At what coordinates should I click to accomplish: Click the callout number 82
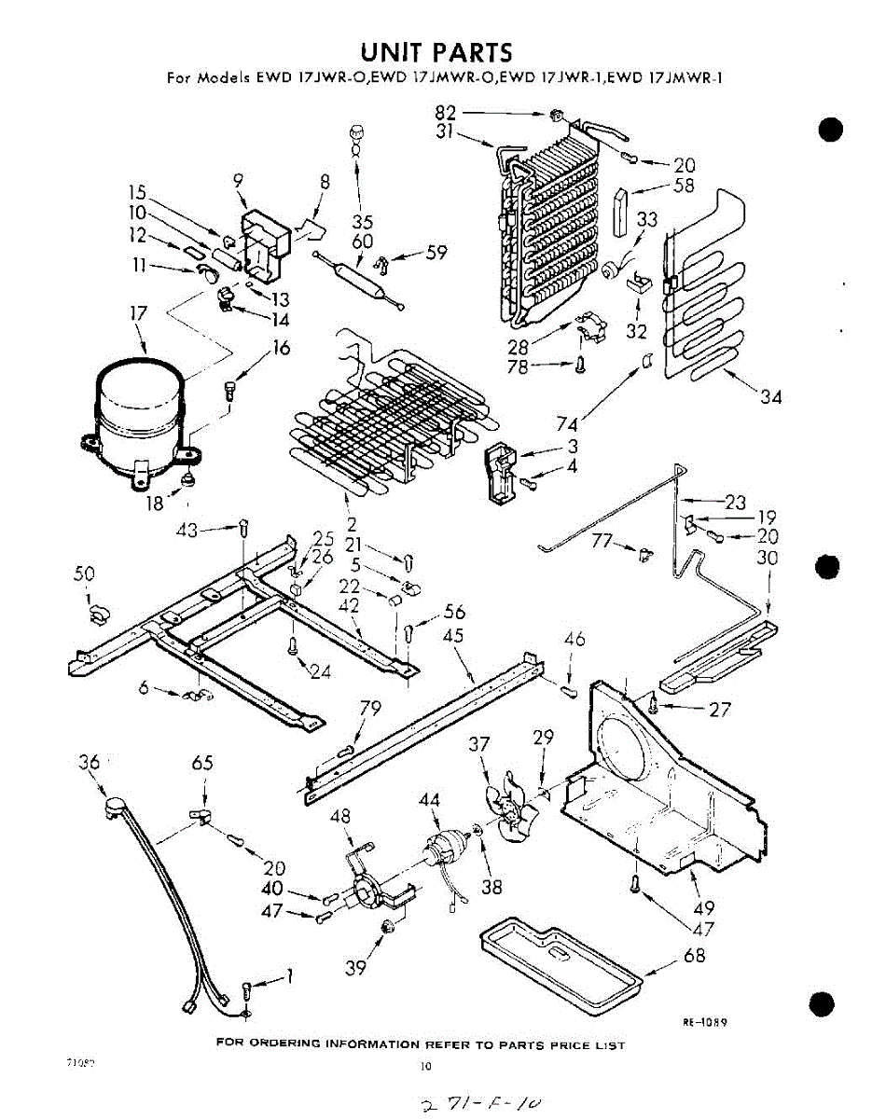[445, 113]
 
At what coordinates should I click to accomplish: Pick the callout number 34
[770, 398]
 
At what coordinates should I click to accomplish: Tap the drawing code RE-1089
[705, 1021]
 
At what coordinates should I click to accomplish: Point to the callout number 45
[454, 635]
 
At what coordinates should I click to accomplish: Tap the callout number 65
[202, 764]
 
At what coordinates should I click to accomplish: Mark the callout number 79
[370, 710]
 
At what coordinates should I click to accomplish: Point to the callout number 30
[768, 559]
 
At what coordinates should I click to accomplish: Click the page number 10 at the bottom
[426, 1067]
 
